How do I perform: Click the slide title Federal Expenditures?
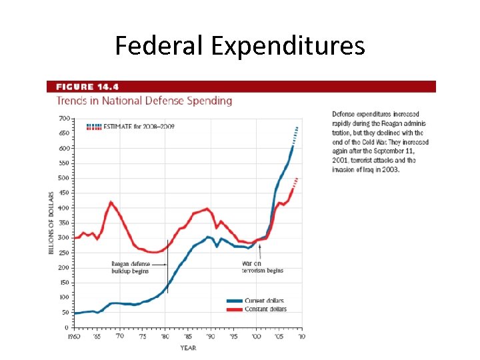pyautogui.click(x=239, y=45)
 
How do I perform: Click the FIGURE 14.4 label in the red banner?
pyautogui.click(x=87, y=87)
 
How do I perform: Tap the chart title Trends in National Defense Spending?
pyautogui.click(x=144, y=101)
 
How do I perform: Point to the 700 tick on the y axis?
pyautogui.click(x=64, y=118)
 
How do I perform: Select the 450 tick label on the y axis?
pyautogui.click(x=64, y=193)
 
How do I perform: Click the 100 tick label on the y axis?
pyautogui.click(x=64, y=297)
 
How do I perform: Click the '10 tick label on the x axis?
pyautogui.click(x=301, y=337)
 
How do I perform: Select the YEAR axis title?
pyautogui.click(x=187, y=347)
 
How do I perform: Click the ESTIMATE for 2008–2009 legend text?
pyautogui.click(x=139, y=126)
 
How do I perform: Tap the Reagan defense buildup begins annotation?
pyautogui.click(x=130, y=268)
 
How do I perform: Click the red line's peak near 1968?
pyautogui.click(x=111, y=202)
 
